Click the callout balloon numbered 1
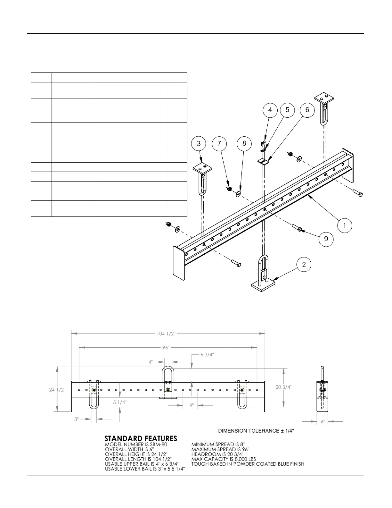[345, 225]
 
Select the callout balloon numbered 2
[304, 264]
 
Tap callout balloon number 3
[199, 143]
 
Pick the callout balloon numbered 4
[270, 110]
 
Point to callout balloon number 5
[287, 110]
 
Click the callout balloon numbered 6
[307, 110]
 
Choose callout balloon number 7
[219, 143]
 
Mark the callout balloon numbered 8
[244, 143]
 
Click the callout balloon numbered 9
[326, 239]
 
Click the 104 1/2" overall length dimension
[166, 334]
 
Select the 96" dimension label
[166, 347]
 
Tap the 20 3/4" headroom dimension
[283, 387]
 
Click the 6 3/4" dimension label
[207, 355]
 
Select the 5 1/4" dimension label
[119, 402]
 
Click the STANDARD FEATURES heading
[141, 438]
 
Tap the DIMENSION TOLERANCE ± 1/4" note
[256, 431]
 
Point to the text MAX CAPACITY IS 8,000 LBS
[224, 459]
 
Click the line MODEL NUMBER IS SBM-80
[136, 444]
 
